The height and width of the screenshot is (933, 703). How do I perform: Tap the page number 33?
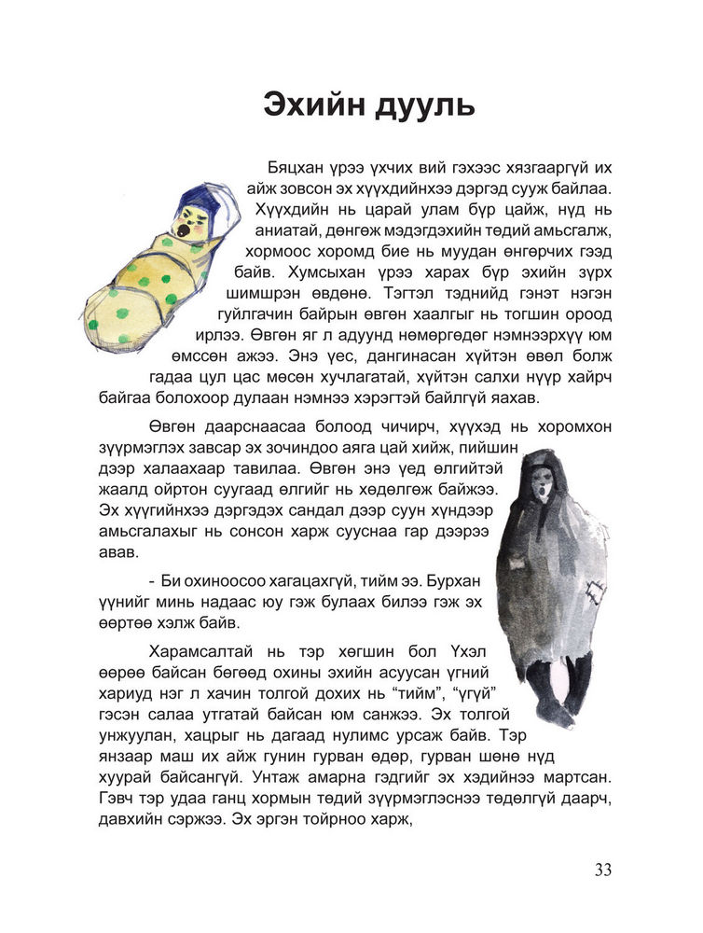(x=602, y=870)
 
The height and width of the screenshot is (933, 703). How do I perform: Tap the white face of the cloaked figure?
(x=541, y=482)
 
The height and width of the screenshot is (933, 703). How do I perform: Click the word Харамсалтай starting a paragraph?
(x=203, y=651)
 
